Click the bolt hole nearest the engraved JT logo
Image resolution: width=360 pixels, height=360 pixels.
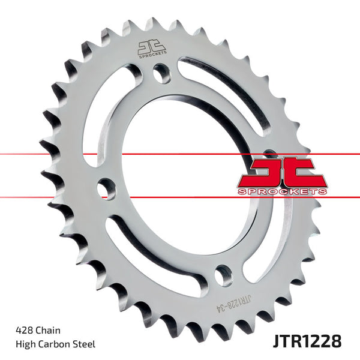[x=160, y=75]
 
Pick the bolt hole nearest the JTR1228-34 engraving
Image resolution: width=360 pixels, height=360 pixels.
[x=224, y=274]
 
